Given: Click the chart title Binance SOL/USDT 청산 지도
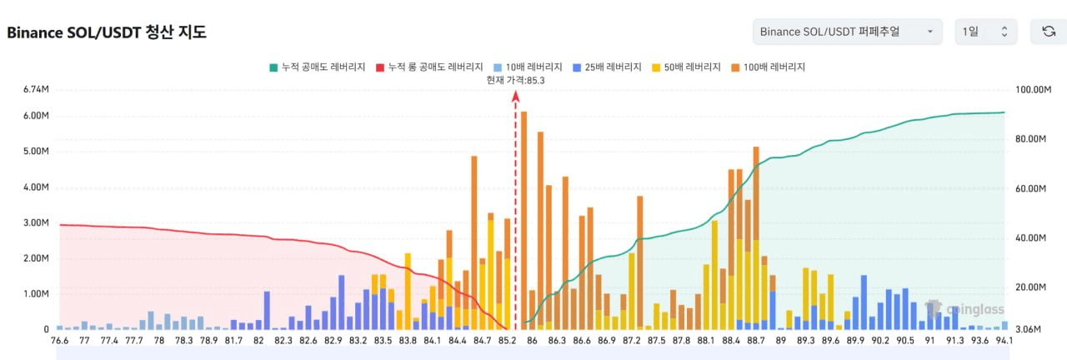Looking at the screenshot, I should (106, 32).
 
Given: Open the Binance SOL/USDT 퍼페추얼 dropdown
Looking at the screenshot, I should (847, 32).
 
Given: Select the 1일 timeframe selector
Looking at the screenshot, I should (985, 32).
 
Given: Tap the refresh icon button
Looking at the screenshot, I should (1049, 32).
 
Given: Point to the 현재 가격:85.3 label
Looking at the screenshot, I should (515, 80).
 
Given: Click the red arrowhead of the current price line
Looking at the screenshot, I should (515, 97).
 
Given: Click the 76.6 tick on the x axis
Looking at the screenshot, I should (60, 340).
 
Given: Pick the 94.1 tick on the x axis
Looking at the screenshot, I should (1004, 340).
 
